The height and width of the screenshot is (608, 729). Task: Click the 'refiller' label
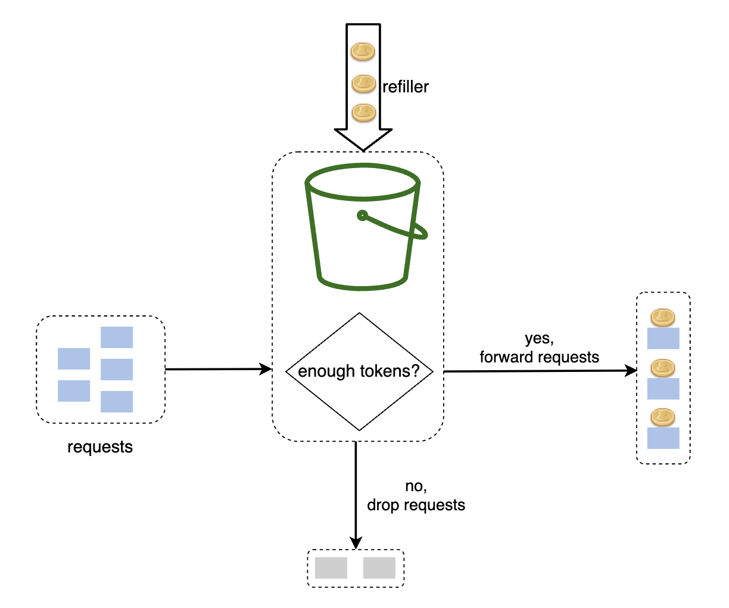(x=405, y=87)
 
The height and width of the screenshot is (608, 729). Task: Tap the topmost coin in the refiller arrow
(x=363, y=52)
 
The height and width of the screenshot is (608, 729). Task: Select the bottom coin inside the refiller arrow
(x=363, y=112)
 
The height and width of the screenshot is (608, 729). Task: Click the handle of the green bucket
(x=396, y=227)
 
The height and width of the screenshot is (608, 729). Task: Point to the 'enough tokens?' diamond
(x=359, y=371)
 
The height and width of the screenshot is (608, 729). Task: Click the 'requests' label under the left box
(x=100, y=447)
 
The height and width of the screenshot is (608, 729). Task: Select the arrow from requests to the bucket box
(x=218, y=370)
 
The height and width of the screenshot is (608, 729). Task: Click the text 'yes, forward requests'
(x=539, y=348)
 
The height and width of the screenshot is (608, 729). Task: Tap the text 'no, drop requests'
(x=416, y=496)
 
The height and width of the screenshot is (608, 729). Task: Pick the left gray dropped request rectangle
(x=331, y=567)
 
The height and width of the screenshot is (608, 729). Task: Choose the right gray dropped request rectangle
(x=379, y=567)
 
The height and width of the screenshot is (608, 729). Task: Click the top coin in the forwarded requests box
(x=662, y=318)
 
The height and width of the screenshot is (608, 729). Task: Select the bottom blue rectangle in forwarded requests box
(x=663, y=438)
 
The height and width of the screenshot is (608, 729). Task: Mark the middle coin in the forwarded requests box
(x=662, y=368)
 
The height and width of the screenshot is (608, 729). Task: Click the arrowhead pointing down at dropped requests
(x=356, y=542)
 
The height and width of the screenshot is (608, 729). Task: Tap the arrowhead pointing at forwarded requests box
(x=631, y=371)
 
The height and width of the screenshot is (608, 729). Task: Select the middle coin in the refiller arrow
(x=363, y=84)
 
